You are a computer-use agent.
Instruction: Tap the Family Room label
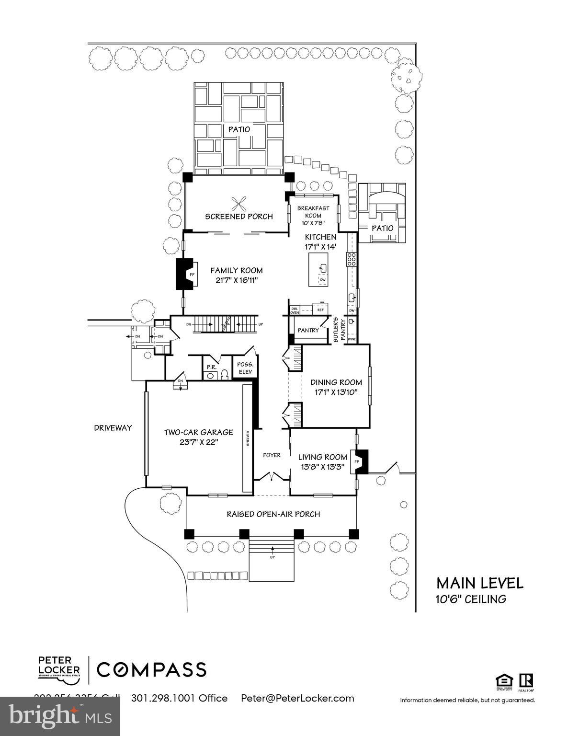[237, 271]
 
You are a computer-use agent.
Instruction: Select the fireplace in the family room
[187, 275]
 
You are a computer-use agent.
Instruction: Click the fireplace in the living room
[360, 461]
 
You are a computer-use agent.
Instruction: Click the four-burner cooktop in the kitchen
[351, 259]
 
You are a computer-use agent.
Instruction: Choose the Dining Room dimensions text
[336, 392]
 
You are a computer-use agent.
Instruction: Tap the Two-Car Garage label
[198, 432]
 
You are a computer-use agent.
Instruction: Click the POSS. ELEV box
[245, 368]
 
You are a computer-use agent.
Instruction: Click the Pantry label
[308, 330]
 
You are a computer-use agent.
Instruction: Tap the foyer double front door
[272, 477]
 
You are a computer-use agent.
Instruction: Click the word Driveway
[113, 428]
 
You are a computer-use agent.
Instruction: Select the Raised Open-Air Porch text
[273, 514]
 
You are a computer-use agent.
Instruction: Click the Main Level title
[479, 583]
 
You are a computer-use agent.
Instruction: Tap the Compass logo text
[152, 669]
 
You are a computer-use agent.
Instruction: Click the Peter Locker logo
[59, 669]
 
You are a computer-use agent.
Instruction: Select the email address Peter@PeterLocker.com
[297, 698]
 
